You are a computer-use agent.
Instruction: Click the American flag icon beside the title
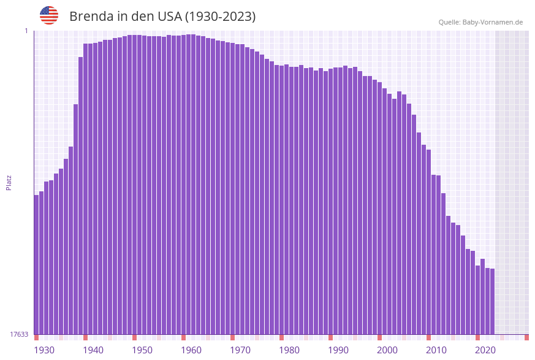49,15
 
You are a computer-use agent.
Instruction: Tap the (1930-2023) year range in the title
221,17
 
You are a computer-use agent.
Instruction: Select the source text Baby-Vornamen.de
493,22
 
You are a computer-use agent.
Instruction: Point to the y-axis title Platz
9,183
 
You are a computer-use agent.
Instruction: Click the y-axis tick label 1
26,31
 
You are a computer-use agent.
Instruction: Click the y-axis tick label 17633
19,334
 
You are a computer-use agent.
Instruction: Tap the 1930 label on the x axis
44,350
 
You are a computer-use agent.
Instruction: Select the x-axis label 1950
142,350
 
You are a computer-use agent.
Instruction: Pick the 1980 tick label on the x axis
289,350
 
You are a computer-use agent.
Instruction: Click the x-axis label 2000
387,350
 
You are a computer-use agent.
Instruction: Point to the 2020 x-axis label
485,350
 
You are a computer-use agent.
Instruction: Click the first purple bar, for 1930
37,264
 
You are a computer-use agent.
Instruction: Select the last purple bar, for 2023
492,301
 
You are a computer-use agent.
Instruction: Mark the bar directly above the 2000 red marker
379,208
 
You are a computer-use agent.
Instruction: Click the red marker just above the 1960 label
183,337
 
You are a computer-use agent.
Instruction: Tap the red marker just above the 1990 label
330,337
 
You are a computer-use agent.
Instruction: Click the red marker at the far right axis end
526,337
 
